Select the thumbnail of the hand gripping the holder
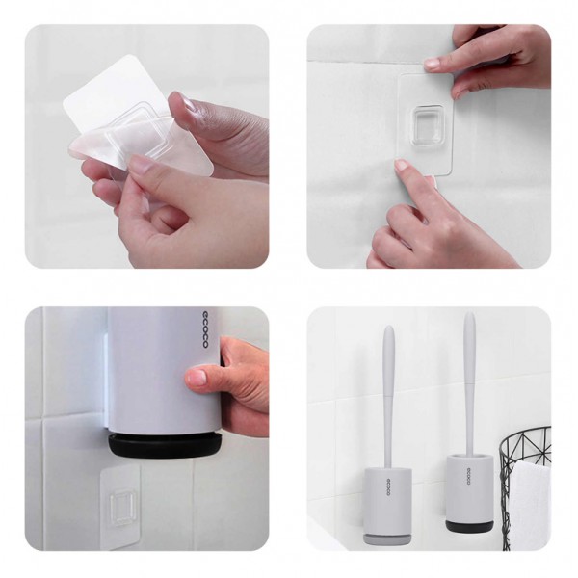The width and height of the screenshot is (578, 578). [x=197, y=379]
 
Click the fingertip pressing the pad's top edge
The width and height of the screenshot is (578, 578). [x=433, y=64]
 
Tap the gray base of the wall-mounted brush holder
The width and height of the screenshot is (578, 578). [x=382, y=536]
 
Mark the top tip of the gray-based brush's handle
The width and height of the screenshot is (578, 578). [x=388, y=329]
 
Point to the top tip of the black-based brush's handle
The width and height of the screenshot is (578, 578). [x=469, y=315]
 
